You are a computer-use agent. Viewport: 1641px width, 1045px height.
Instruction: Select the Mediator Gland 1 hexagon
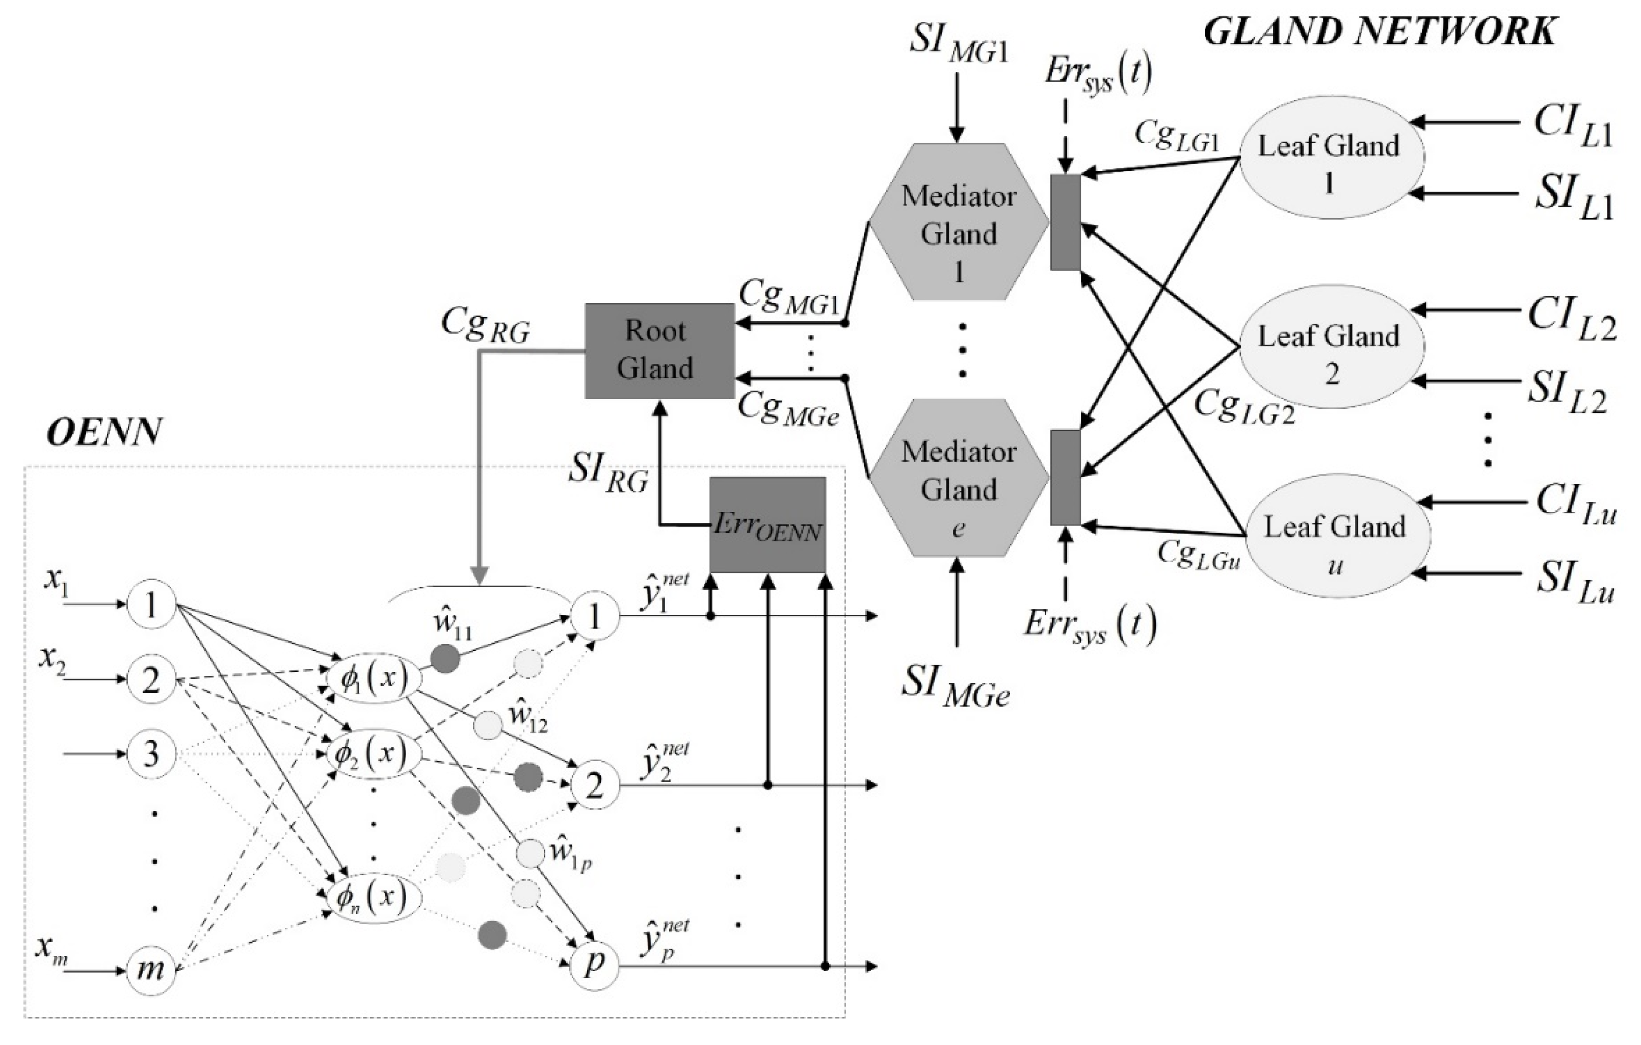pyautogui.click(x=958, y=222)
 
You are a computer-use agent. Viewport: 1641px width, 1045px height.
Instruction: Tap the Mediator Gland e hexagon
pyautogui.click(x=958, y=477)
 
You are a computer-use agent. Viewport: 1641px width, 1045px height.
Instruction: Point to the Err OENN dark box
pyautogui.click(x=767, y=525)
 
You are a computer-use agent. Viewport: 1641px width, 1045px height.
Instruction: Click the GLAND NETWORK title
pyautogui.click(x=1380, y=32)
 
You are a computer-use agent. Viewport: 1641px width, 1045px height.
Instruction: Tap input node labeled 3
pyautogui.click(x=151, y=754)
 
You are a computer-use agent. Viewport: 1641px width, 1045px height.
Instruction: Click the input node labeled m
pyautogui.click(x=151, y=969)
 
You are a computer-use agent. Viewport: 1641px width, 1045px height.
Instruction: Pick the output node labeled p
pyautogui.click(x=594, y=964)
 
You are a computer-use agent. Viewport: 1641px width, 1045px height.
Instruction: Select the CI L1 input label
pyautogui.click(x=1573, y=127)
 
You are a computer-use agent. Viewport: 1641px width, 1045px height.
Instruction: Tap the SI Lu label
pyautogui.click(x=1574, y=584)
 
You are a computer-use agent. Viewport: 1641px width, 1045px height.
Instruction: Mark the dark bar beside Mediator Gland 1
pyautogui.click(x=1065, y=222)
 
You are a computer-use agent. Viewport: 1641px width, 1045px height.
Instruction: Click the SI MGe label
pyautogui.click(x=956, y=687)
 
